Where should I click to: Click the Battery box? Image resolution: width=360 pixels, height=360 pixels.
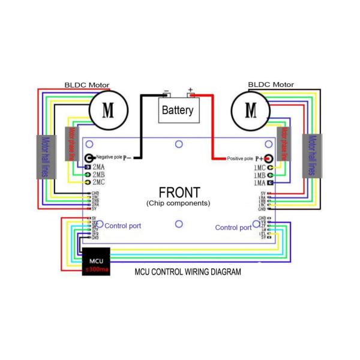pos(178,110)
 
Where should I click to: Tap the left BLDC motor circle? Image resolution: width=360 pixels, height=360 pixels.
pos(109,110)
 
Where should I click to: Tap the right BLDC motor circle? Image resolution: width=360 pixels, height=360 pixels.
pos(251,110)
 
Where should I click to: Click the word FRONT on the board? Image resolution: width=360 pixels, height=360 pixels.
pos(178,192)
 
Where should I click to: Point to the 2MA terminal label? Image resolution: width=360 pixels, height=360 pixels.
pos(98,166)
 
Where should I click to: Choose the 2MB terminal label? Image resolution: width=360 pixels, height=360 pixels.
pos(98,174)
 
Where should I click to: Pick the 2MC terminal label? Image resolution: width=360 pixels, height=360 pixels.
pos(98,182)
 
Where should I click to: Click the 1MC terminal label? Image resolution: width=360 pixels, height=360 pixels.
pos(259,167)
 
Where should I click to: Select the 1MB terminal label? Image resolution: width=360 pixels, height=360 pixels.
pos(259,175)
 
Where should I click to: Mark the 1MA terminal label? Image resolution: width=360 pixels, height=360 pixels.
pos(259,182)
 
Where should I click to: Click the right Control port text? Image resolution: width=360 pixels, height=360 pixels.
pos(233,227)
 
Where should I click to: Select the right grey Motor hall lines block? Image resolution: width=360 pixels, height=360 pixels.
pos(312,157)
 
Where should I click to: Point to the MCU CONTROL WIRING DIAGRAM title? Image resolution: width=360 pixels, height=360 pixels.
pos(187,272)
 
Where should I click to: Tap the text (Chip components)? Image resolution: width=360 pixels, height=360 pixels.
pos(178,203)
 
